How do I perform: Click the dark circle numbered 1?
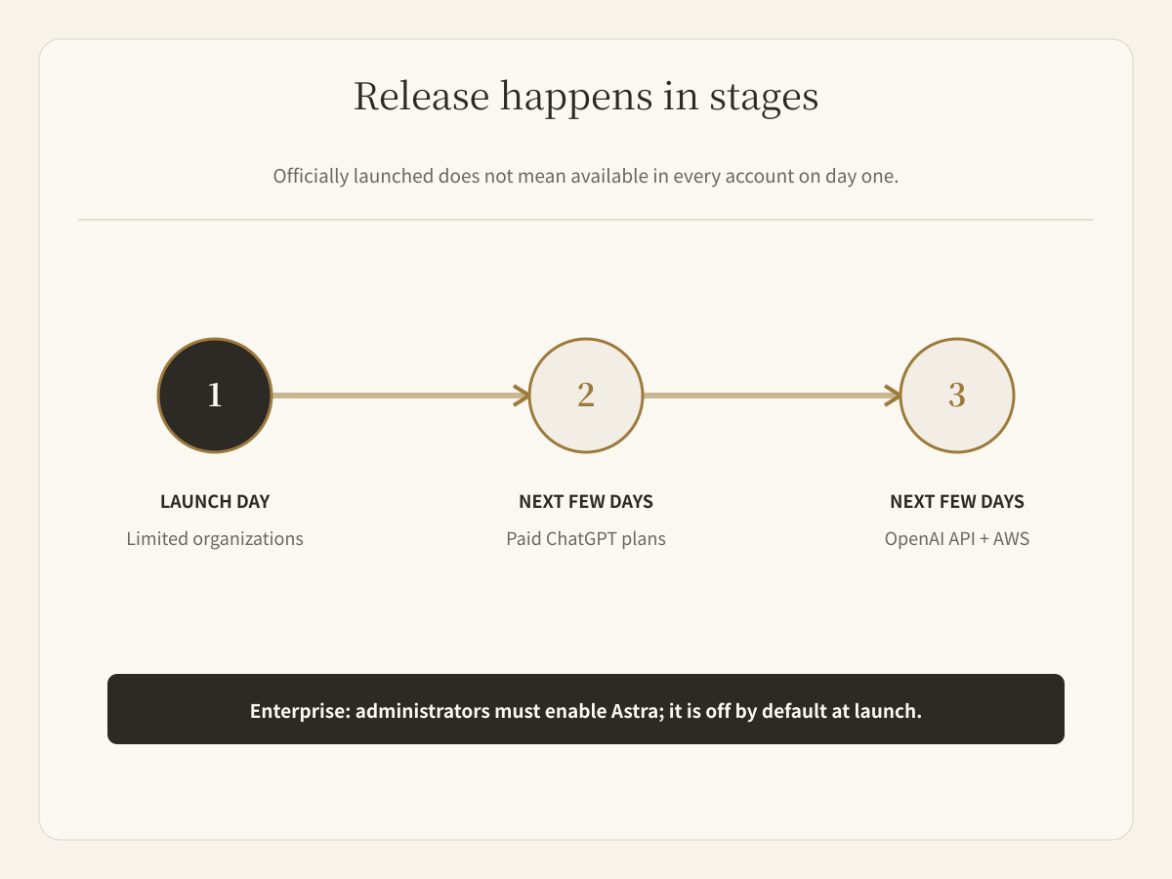(215, 396)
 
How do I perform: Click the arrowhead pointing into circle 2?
(522, 396)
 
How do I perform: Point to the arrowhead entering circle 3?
(893, 396)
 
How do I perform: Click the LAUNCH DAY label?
(215, 502)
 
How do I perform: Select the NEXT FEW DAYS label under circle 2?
(586, 502)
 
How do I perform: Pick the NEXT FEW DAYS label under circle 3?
(957, 502)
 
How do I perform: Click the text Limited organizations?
(215, 539)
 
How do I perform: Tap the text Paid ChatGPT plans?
(586, 539)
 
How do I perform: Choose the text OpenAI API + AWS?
(957, 539)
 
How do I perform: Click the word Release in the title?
(421, 97)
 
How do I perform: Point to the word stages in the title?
(764, 99)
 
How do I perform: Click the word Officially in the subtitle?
(311, 176)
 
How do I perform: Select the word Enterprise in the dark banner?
(300, 711)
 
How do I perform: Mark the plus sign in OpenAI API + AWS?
(984, 539)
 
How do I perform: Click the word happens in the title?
(576, 99)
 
